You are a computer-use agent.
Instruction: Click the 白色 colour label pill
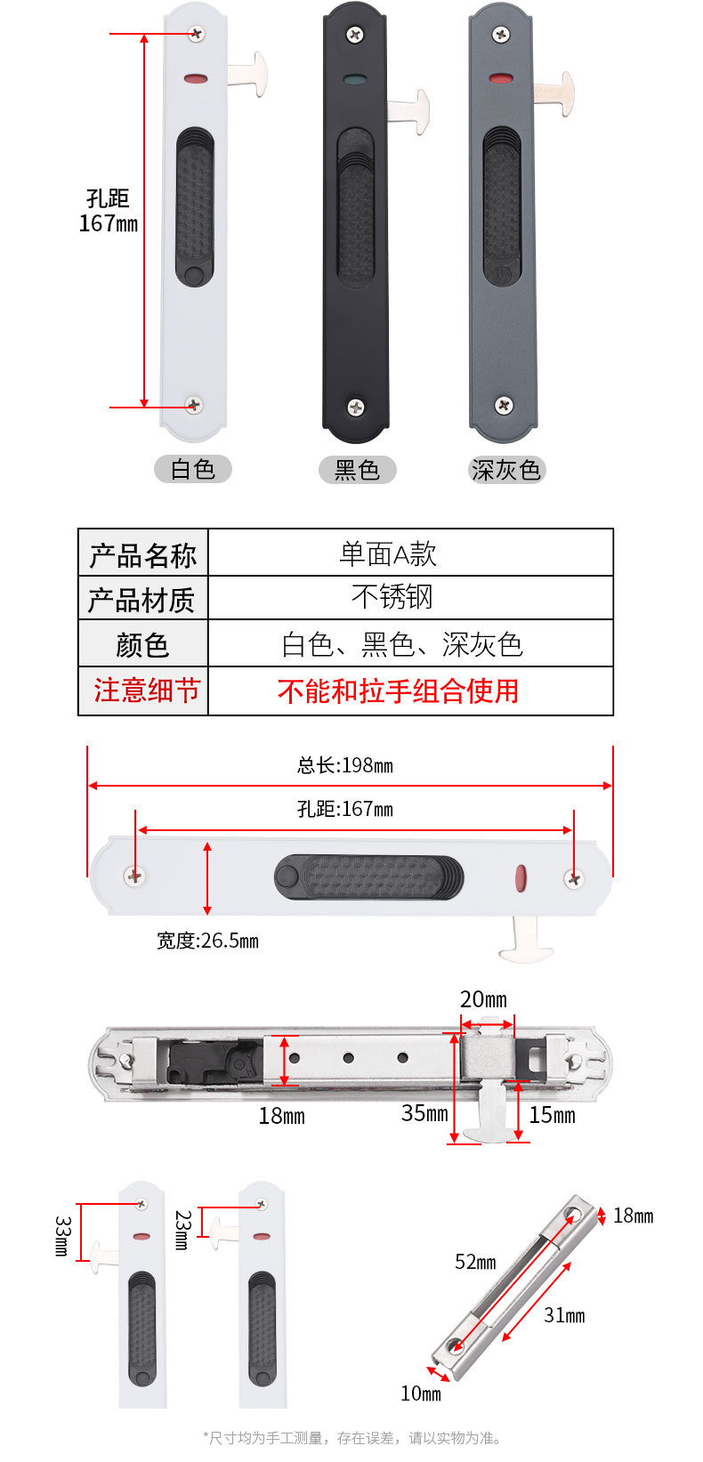tap(192, 469)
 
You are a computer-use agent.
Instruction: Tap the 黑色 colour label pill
tap(357, 470)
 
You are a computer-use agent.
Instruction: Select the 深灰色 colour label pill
tap(506, 470)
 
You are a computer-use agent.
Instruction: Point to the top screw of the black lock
tap(354, 34)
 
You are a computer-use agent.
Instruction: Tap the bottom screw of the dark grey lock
tap(504, 405)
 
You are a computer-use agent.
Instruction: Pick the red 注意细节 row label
tap(146, 690)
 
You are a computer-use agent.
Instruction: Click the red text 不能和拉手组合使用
tap(398, 691)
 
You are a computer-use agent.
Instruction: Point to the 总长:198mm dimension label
tap(345, 765)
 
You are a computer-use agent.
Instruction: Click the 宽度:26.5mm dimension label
tap(207, 941)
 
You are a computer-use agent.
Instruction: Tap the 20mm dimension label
tap(483, 999)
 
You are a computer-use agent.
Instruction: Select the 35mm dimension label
tap(424, 1113)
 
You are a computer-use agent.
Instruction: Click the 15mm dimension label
tap(553, 1115)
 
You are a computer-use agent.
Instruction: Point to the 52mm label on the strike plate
tap(475, 1262)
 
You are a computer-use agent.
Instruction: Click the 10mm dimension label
tap(420, 1393)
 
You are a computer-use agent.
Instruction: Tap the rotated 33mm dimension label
tap(62, 1235)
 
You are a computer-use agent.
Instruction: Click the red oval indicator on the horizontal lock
tap(521, 878)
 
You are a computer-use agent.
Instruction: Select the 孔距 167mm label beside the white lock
tap(109, 211)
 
